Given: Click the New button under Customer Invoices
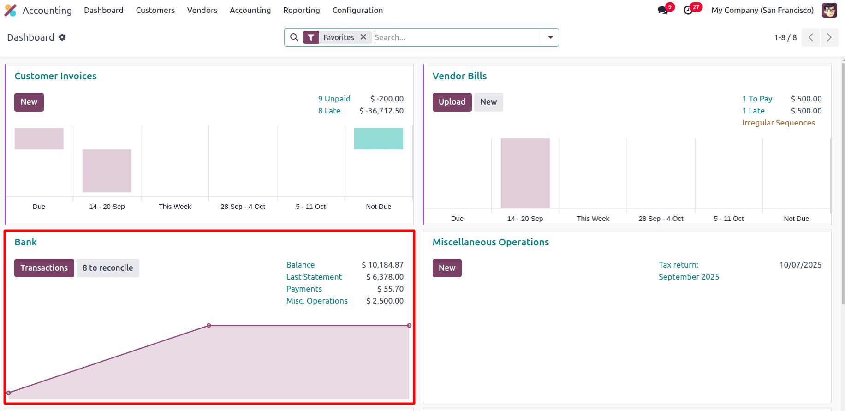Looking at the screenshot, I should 29,102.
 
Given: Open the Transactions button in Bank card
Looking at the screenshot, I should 44,268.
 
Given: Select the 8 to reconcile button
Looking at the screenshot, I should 107,268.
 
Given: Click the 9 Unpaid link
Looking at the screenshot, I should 334,99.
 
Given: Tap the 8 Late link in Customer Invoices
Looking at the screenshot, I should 329,111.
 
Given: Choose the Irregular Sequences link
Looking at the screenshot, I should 778,123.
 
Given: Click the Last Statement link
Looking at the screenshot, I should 314,277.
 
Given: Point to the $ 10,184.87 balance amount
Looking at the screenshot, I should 382,265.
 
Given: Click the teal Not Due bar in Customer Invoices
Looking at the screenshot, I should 378,138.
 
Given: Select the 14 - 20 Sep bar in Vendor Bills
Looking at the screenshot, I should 525,173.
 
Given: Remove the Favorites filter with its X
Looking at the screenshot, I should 363,37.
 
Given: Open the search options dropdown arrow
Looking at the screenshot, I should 550,37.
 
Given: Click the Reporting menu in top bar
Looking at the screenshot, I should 301,10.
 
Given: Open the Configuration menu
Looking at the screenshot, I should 357,10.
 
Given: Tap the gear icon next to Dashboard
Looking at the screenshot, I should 62,37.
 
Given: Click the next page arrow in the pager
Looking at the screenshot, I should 829,37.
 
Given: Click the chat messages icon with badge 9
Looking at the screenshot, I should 663,10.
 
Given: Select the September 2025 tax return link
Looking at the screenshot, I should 689,277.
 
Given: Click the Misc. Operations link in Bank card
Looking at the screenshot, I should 316,301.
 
